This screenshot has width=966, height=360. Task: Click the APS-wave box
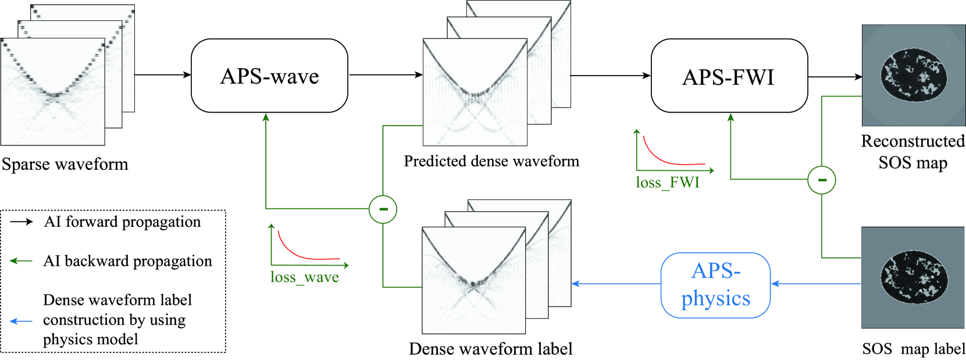click(269, 76)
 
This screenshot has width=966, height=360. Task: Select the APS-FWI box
click(729, 76)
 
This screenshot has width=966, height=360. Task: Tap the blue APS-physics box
click(715, 285)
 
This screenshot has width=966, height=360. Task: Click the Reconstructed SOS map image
click(913, 75)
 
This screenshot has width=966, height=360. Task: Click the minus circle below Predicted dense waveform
click(383, 209)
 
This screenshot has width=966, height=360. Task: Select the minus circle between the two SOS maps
click(821, 180)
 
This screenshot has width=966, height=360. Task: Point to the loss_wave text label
click(304, 277)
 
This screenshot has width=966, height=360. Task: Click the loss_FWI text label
click(667, 183)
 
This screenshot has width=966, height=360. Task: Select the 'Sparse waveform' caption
click(65, 165)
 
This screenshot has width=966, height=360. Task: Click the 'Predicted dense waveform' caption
click(491, 161)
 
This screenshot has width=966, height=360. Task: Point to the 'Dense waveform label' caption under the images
click(490, 349)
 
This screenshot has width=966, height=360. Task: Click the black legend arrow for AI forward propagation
click(22, 222)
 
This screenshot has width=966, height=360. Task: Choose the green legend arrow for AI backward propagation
click(22, 261)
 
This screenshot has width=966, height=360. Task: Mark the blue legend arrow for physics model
click(22, 320)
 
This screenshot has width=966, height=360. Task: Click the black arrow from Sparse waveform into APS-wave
click(163, 74)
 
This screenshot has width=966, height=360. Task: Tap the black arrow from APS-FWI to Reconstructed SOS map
click(835, 76)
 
